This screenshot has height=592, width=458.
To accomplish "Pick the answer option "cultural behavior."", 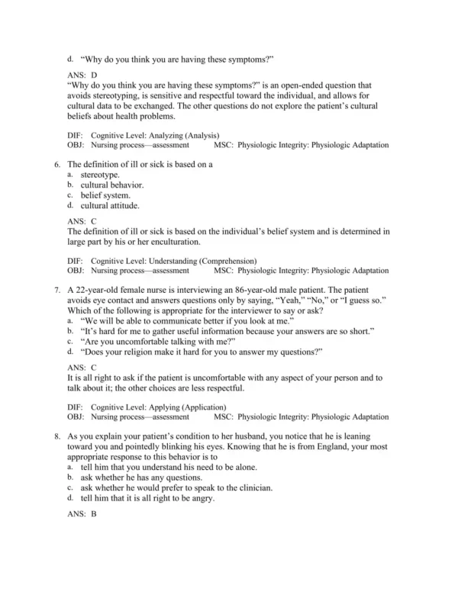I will tap(111, 185).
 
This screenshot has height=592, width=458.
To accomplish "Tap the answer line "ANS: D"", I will tap(82, 75).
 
